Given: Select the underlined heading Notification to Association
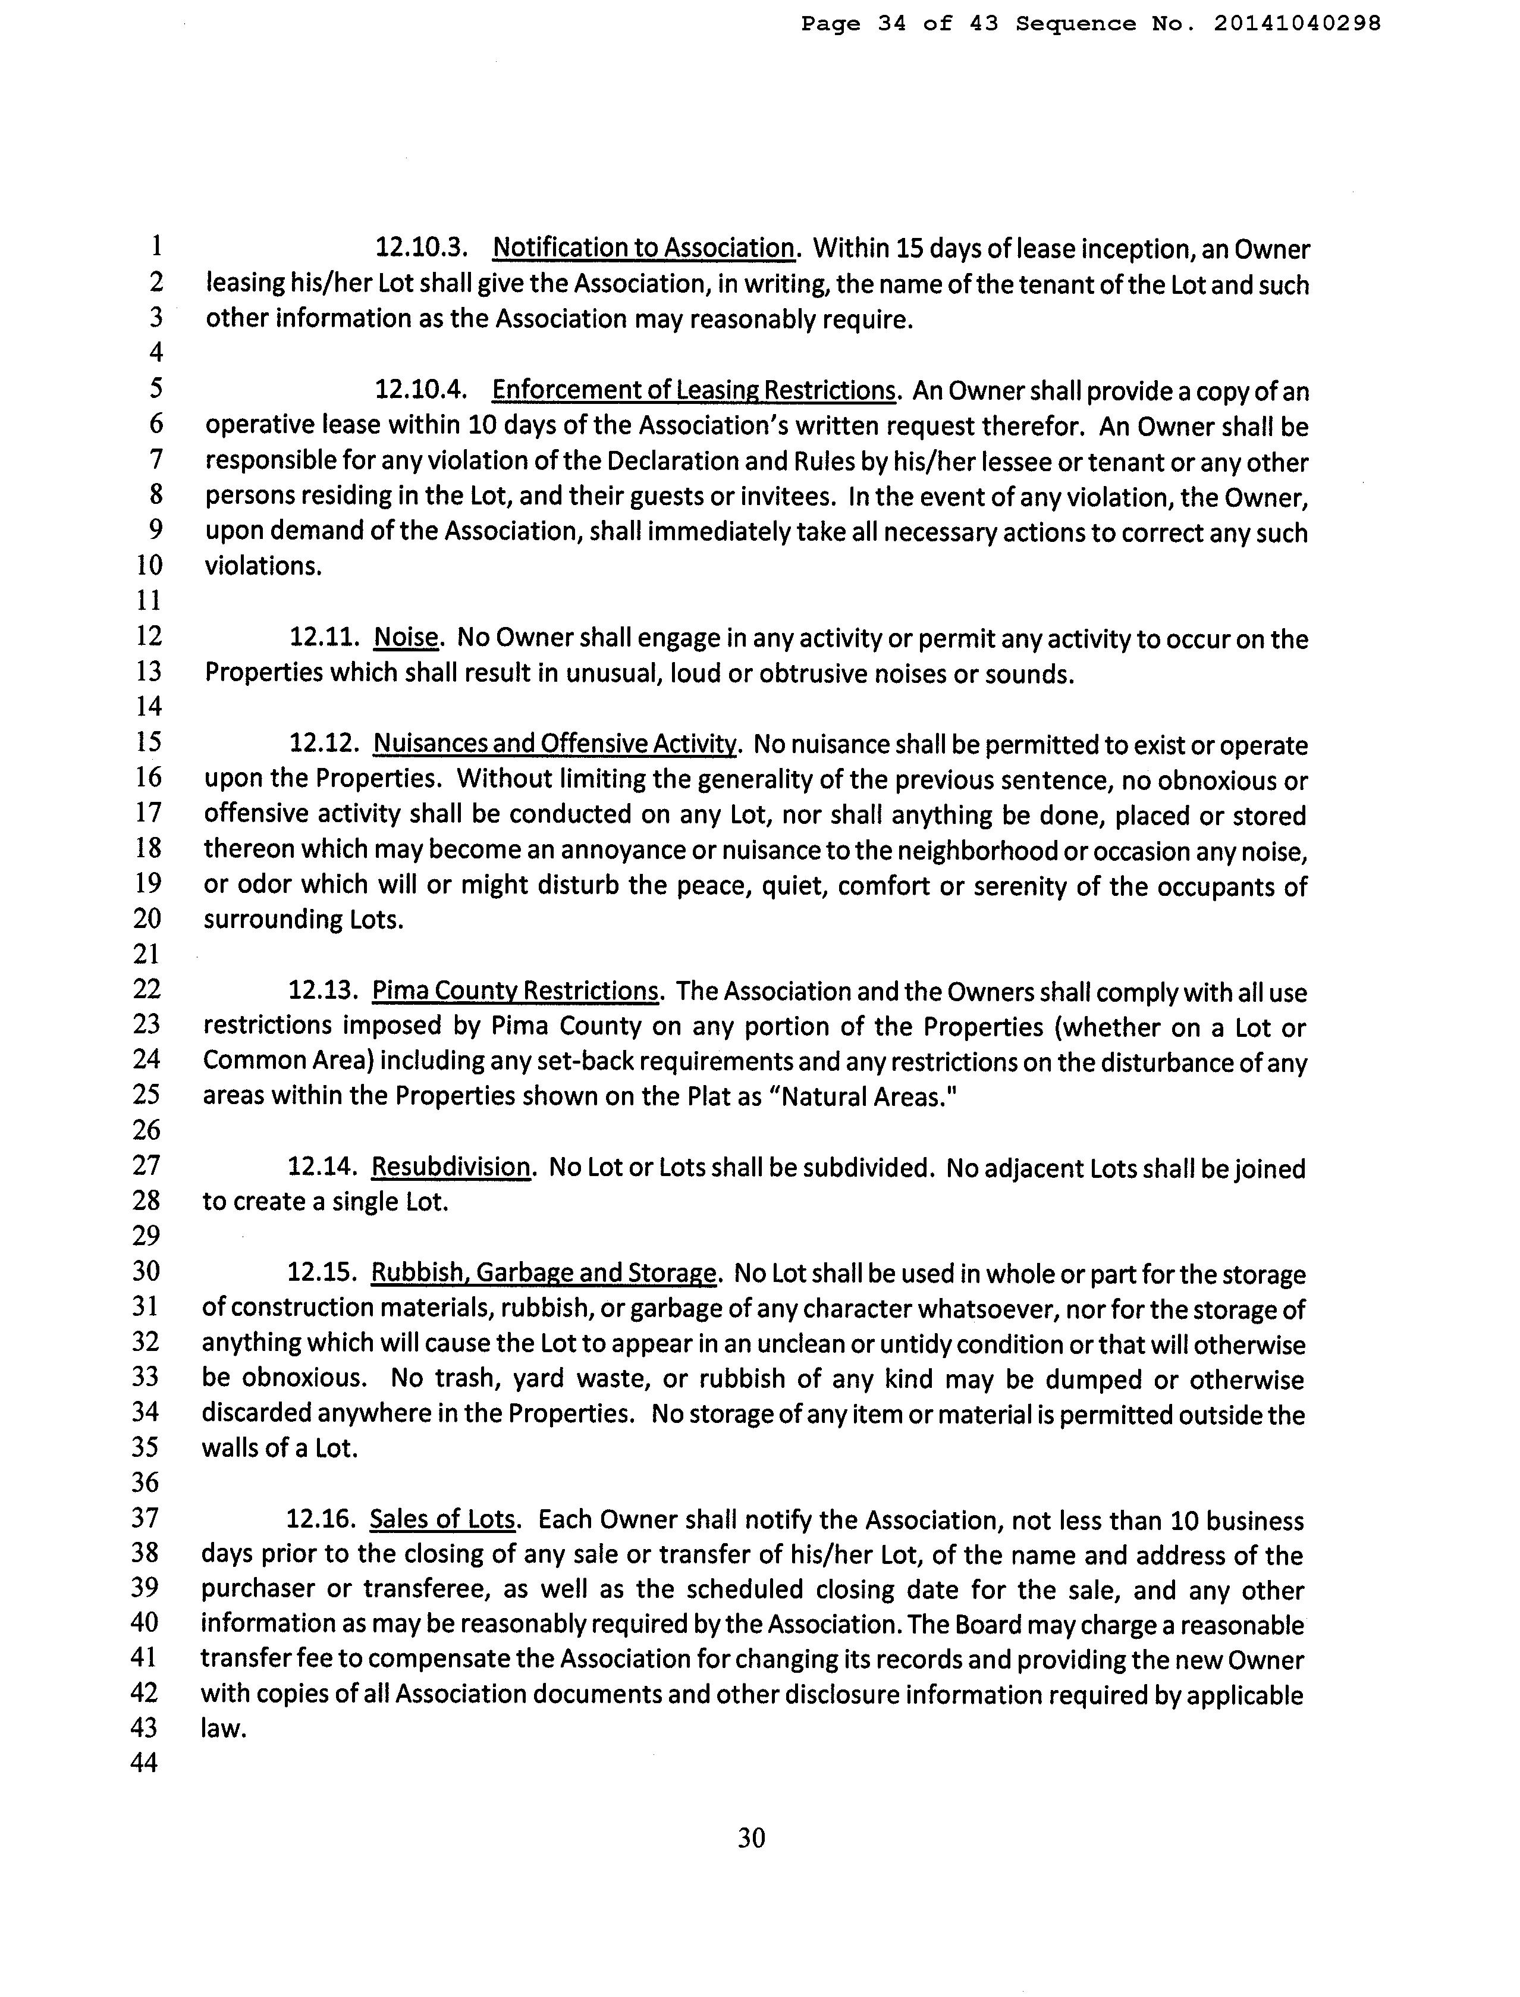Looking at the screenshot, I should pyautogui.click(x=643, y=248).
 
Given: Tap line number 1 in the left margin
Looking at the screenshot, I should pyautogui.click(x=156, y=246).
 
